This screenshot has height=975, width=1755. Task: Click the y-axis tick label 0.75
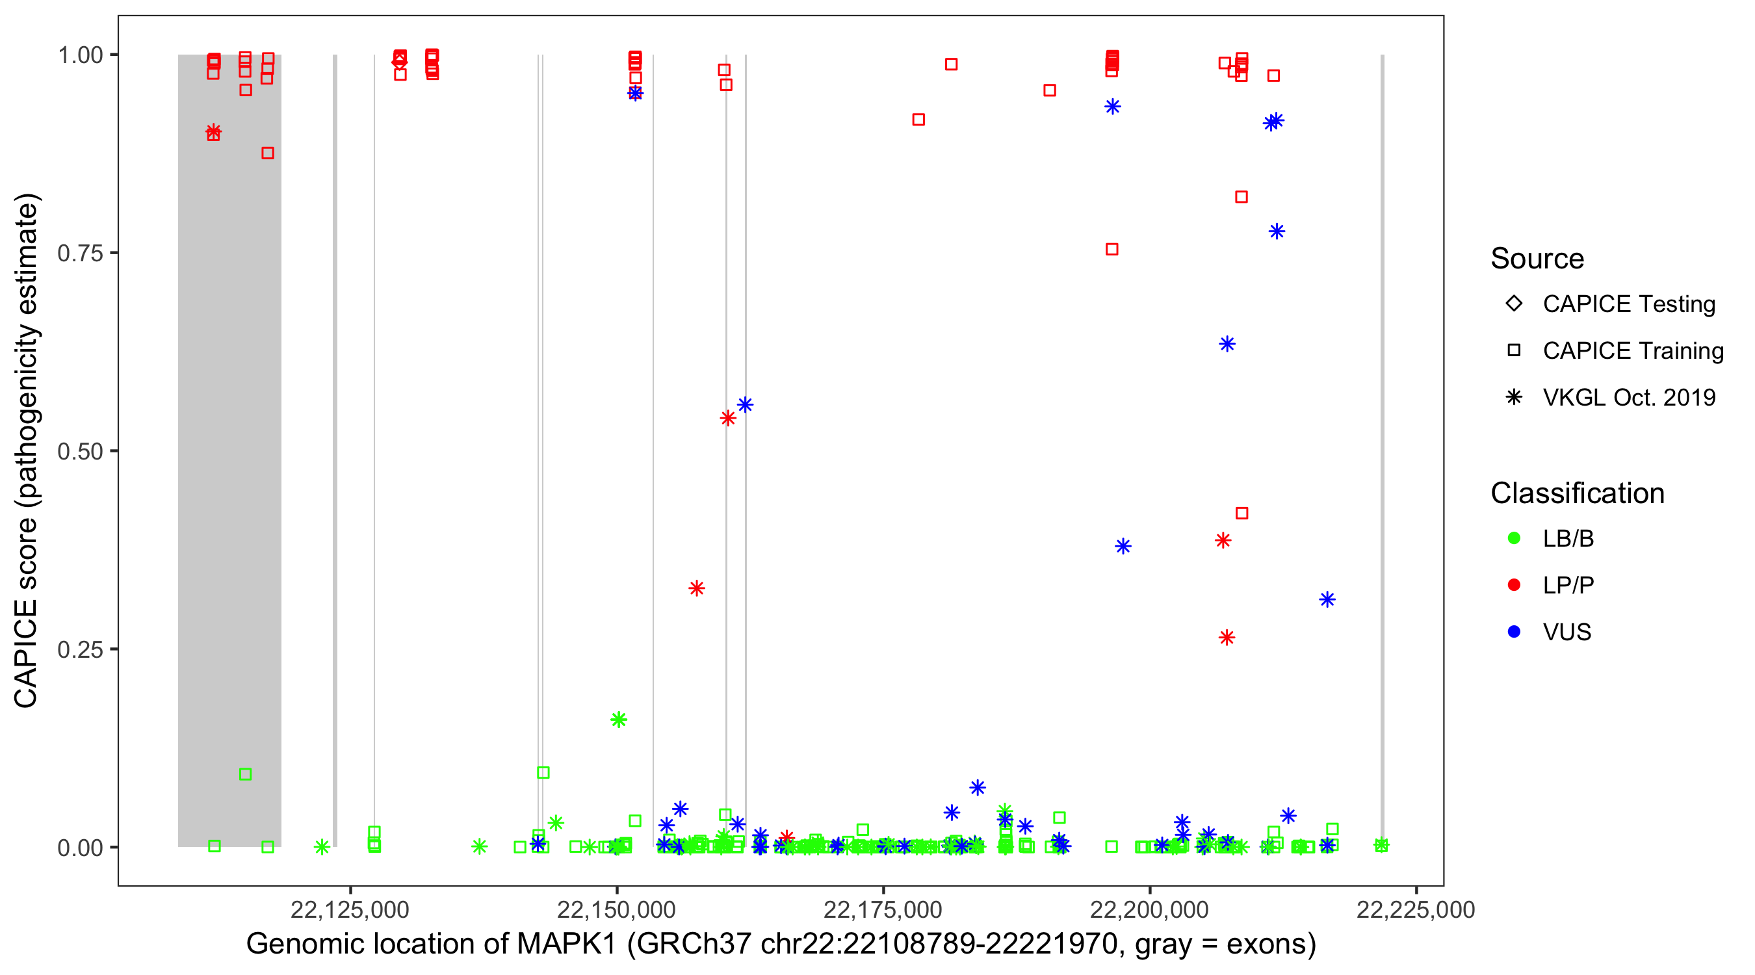click(x=79, y=253)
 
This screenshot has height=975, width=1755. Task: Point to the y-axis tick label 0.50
click(x=79, y=451)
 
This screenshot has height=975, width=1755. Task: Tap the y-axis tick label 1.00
click(x=79, y=55)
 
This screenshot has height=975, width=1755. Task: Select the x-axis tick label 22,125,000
click(x=350, y=909)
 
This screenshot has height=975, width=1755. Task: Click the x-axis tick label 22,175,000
click(x=883, y=909)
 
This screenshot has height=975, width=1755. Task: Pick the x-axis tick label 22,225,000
click(x=1416, y=909)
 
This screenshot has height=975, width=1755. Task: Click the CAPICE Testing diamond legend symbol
click(x=1514, y=304)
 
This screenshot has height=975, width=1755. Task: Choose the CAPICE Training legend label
click(x=1633, y=351)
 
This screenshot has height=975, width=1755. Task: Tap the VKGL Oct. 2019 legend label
click(x=1629, y=397)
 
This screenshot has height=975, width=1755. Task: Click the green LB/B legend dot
click(x=1514, y=538)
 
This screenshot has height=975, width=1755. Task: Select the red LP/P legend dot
click(x=1514, y=585)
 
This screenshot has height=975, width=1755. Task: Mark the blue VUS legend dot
click(x=1514, y=632)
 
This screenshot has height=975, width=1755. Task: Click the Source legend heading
click(x=1537, y=259)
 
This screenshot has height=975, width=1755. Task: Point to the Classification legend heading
click(x=1577, y=493)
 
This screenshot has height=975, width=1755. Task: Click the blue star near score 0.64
click(x=1227, y=344)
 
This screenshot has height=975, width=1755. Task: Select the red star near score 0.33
click(x=696, y=588)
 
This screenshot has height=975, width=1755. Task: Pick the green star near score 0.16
click(x=619, y=720)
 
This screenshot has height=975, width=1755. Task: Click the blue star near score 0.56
click(x=746, y=406)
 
